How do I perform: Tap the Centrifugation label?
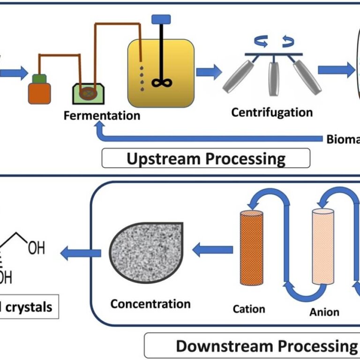(x=272, y=112)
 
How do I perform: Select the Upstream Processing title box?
(x=206, y=158)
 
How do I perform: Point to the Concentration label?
(x=150, y=304)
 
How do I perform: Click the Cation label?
(x=249, y=309)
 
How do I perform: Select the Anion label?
(x=324, y=312)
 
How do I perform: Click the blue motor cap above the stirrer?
(x=161, y=19)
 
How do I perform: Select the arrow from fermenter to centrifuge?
(x=209, y=72)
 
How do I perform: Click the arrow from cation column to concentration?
(x=213, y=250)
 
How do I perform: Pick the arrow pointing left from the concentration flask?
(x=81, y=253)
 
